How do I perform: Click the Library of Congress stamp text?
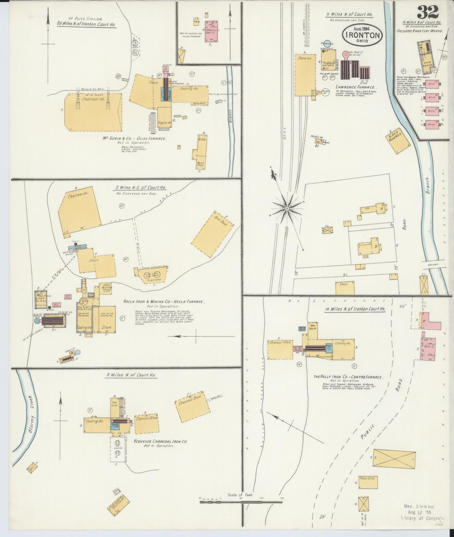click(424, 518)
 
